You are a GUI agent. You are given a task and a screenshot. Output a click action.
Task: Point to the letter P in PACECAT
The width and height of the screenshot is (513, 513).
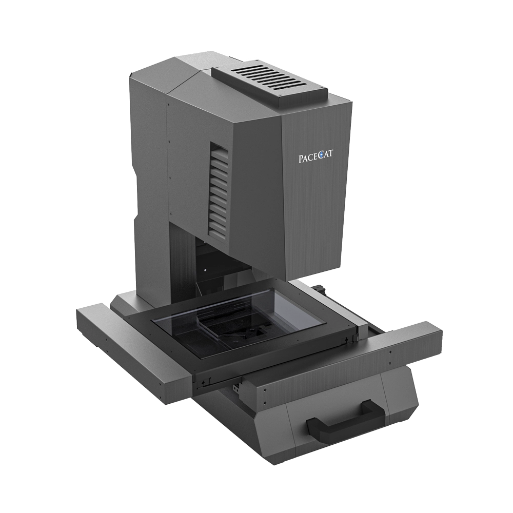click(301, 159)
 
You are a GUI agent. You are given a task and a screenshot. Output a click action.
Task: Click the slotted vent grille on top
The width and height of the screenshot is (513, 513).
click(270, 83)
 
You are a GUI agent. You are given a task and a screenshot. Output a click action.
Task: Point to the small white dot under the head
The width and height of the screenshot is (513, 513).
click(205, 270)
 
